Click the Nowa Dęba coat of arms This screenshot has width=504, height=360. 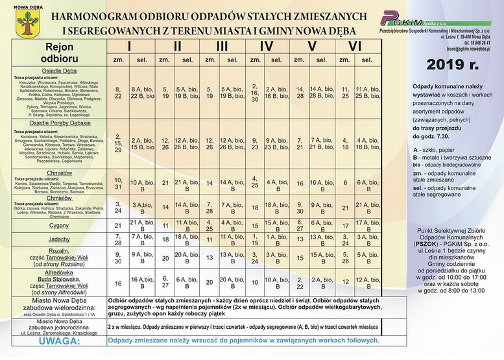tap(25, 28)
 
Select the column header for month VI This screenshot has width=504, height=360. tap(354, 46)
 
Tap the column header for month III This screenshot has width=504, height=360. tap(222, 46)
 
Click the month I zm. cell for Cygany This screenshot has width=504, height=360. tap(118, 226)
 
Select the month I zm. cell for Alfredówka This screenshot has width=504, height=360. tap(118, 283)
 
